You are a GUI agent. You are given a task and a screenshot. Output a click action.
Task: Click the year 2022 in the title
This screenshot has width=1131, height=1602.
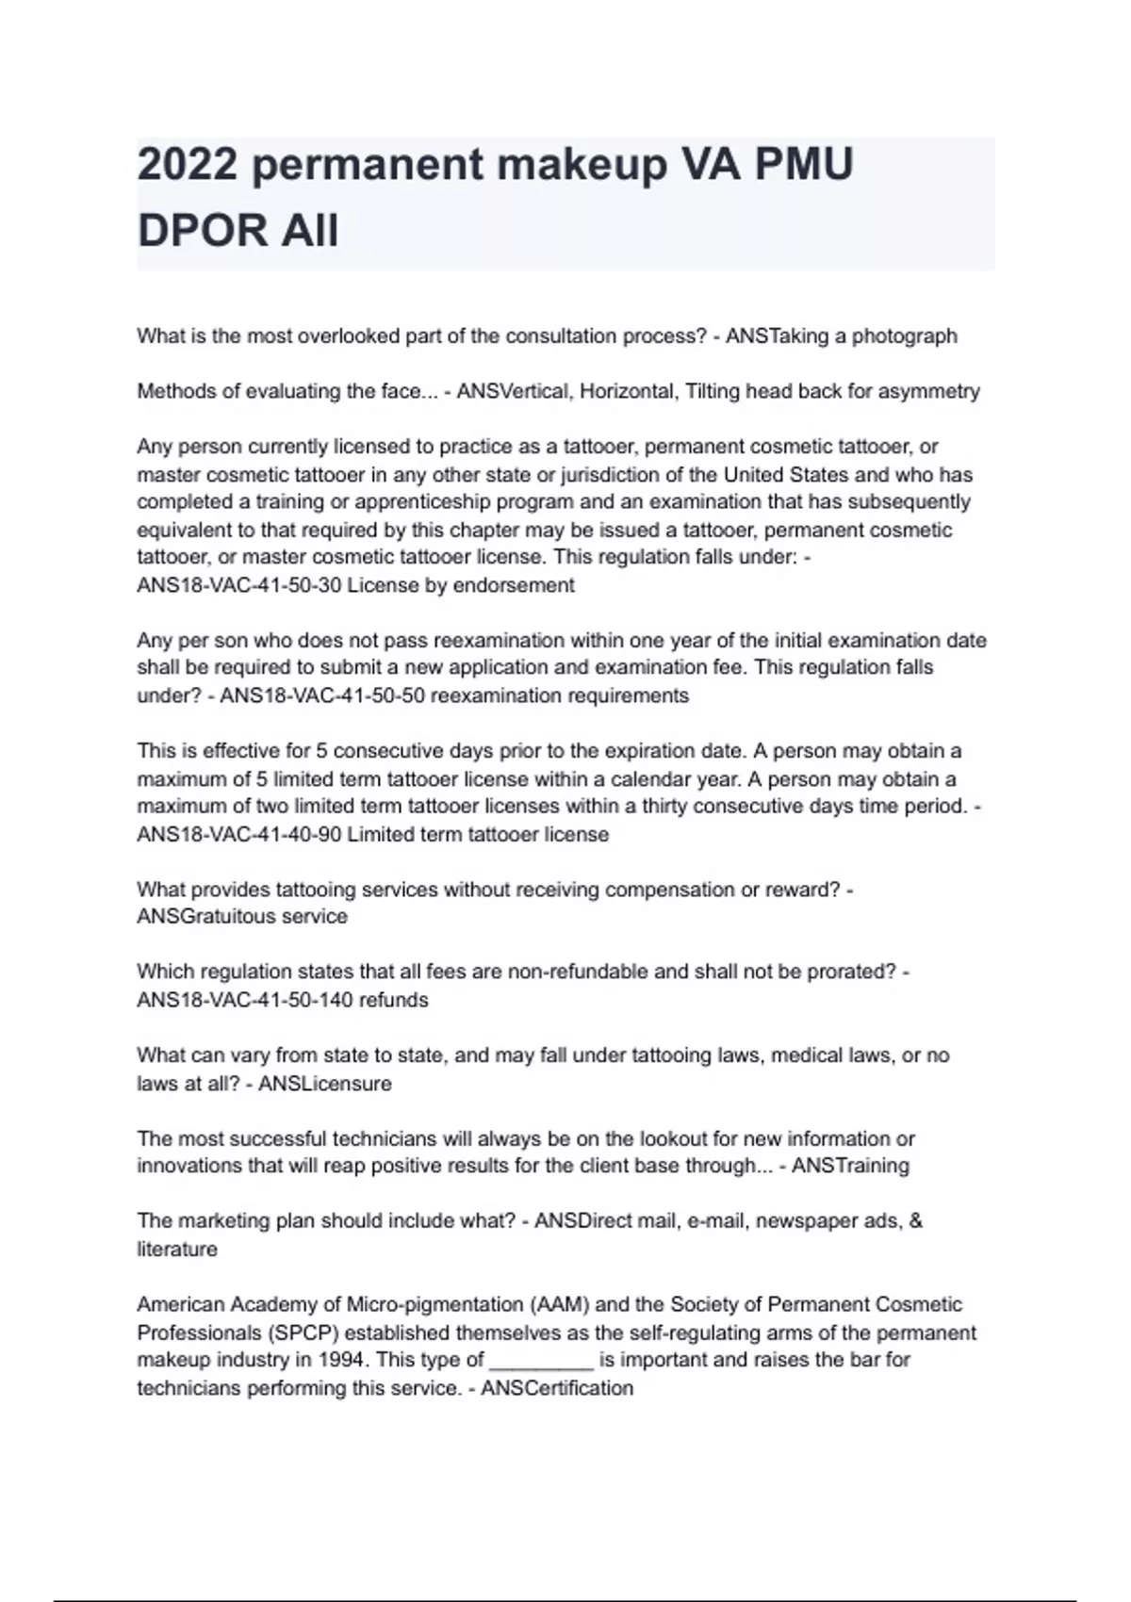[187, 166]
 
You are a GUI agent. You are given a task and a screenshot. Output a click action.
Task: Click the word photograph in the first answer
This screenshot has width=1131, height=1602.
[905, 336]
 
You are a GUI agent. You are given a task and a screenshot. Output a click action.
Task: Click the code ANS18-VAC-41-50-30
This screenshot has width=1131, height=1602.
[239, 585]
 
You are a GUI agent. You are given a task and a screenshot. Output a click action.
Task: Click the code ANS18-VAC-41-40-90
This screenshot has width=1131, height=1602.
[239, 835]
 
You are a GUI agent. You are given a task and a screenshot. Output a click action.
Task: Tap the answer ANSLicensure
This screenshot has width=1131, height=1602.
[325, 1084]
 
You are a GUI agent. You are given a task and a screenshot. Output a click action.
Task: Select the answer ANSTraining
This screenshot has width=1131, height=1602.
[850, 1166]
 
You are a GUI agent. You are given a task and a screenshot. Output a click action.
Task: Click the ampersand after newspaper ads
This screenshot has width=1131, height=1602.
[917, 1221]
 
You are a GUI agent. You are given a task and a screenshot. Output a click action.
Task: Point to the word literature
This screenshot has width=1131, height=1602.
[177, 1250]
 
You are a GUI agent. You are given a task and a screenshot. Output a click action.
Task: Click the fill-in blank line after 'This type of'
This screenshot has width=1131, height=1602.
[542, 1363]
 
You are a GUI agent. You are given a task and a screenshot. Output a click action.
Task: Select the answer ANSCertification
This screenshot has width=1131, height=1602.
[557, 1388]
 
